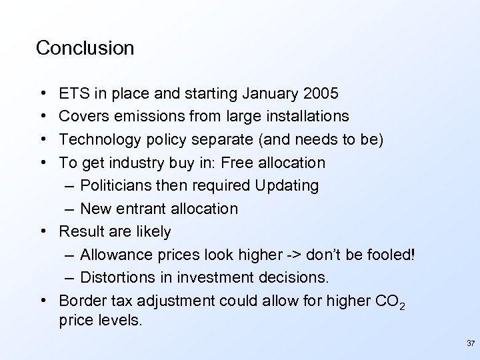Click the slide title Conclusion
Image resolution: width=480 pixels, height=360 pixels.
(85, 48)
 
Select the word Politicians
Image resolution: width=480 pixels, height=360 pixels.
(121, 185)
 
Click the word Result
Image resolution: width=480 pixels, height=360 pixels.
(81, 231)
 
